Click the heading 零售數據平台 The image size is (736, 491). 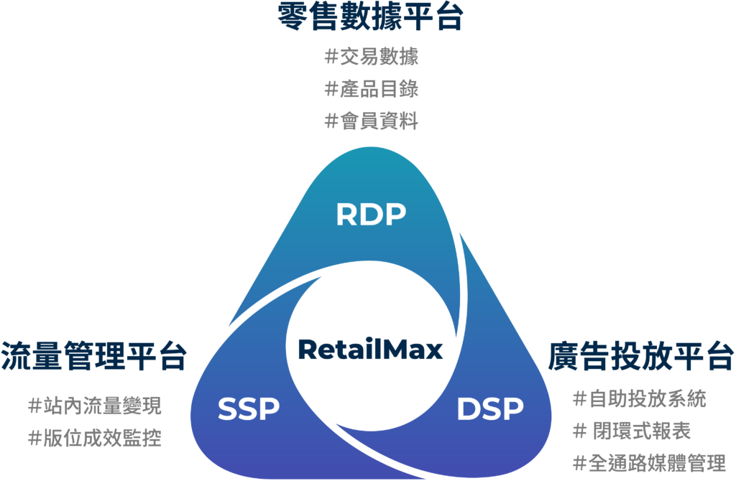tap(370, 18)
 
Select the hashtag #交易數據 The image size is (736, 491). tap(371, 57)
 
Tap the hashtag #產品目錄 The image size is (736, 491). tap(371, 89)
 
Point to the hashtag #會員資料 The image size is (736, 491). tap(371, 121)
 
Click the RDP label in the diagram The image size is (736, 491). tap(371, 214)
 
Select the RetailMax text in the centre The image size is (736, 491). tap(370, 350)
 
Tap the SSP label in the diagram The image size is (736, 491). tap(248, 409)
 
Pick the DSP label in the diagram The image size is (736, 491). tap(490, 409)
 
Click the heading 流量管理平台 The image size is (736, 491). tap(94, 356)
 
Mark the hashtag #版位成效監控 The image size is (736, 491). tap(94, 438)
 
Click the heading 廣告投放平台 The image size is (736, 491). tap(641, 356)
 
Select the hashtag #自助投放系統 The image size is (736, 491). tap(639, 398)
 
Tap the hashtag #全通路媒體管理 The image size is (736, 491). tap(648, 463)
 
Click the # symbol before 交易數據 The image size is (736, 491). tap(331, 57)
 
